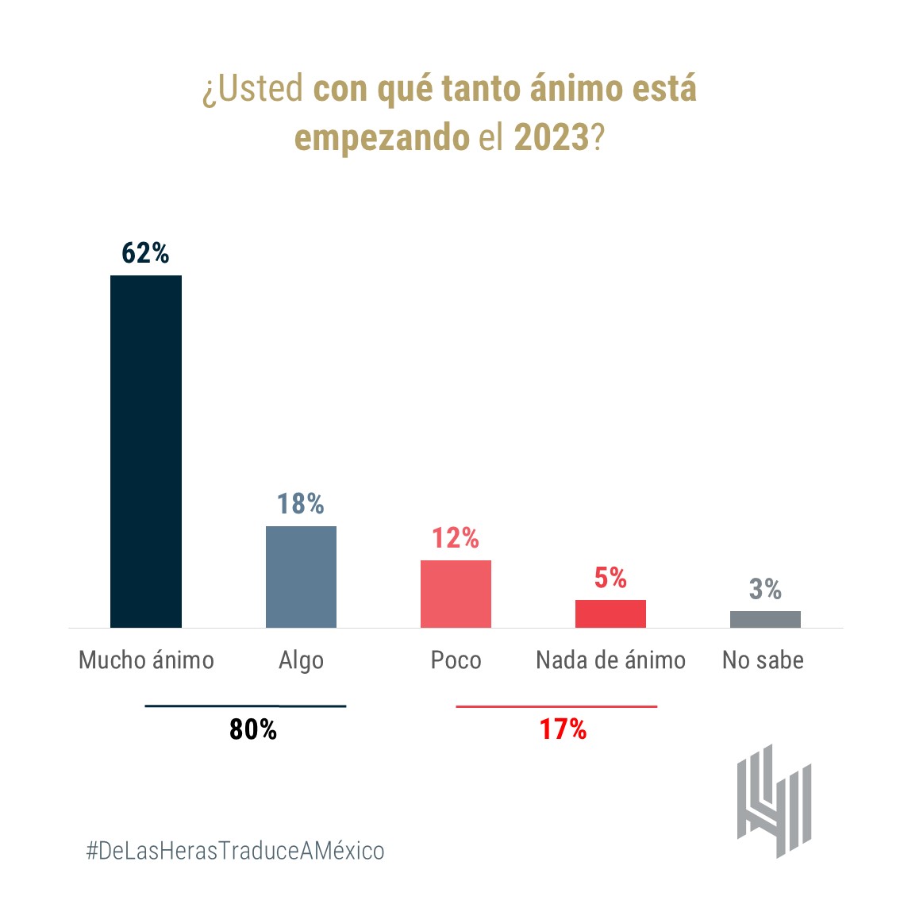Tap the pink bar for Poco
[456, 594]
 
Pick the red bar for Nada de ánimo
[610, 613]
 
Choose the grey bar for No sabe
[765, 619]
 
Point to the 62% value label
[145, 253]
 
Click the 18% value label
[300, 504]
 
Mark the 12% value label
[455, 539]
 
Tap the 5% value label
[610, 578]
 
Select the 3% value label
[765, 589]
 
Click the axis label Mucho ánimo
[146, 660]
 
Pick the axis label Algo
[301, 661]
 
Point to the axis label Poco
[456, 660]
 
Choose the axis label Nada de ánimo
[610, 660]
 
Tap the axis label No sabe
[763, 660]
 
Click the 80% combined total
[253, 729]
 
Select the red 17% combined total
[563, 729]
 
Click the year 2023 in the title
[552, 137]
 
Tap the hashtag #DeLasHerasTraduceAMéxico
[235, 851]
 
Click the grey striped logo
[774, 800]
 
